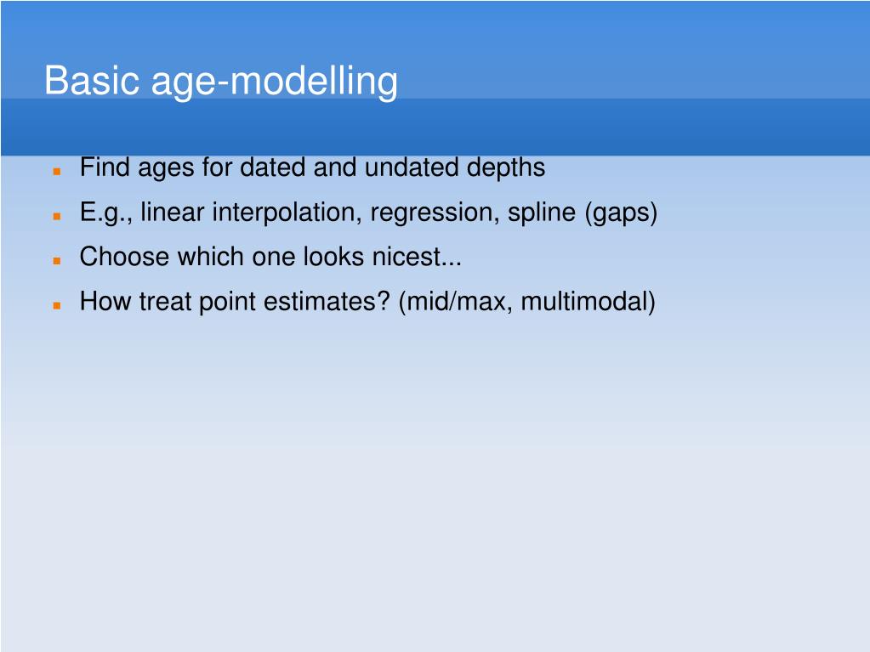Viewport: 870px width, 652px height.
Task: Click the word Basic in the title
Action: click(92, 81)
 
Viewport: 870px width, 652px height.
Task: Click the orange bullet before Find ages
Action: click(57, 172)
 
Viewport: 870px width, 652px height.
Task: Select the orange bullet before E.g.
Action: click(57, 216)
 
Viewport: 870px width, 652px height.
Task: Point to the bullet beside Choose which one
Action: click(57, 261)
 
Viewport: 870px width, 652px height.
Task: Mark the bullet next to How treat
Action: click(57, 305)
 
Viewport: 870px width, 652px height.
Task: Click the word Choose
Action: click(124, 257)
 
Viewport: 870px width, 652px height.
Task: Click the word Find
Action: click(105, 167)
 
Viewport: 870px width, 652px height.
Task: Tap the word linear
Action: click(173, 213)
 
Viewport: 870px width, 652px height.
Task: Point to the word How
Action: click(105, 302)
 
